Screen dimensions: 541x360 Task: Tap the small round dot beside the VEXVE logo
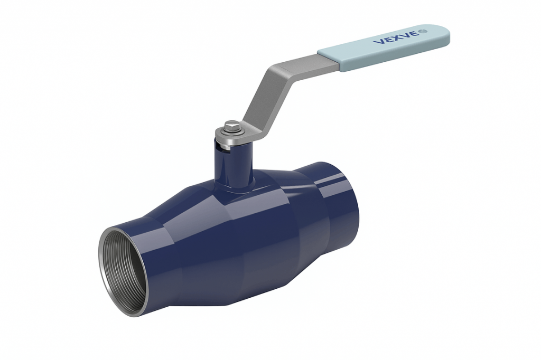(x=424, y=32)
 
